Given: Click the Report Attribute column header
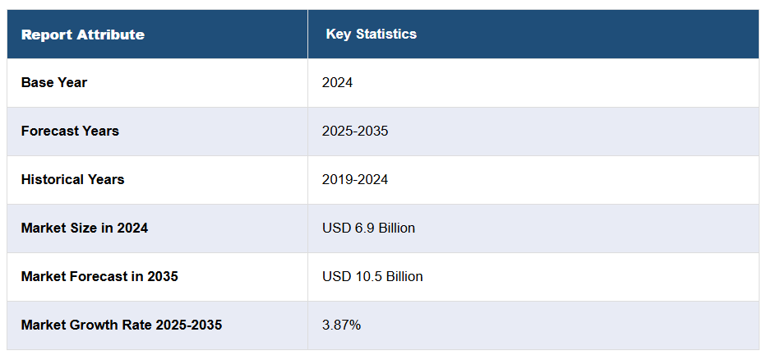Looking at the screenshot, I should [82, 35].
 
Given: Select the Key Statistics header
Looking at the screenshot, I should [371, 35].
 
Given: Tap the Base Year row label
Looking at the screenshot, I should [54, 82].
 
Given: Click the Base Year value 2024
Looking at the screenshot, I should [337, 82].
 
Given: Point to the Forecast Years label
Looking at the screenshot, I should [70, 131].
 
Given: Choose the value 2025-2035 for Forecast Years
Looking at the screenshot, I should [355, 131].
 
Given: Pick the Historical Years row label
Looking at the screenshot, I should [72, 179].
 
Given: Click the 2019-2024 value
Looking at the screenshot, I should [355, 179].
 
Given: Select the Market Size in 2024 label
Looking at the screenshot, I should [85, 228].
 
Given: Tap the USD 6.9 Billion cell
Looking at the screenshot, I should [368, 228].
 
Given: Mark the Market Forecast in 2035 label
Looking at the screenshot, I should [99, 276].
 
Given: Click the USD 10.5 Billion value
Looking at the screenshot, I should [372, 276].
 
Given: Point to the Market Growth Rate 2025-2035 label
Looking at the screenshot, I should [122, 325].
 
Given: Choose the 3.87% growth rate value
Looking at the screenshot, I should [341, 325].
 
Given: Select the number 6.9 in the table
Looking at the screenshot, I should [363, 228].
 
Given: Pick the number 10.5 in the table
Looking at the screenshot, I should [366, 276].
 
